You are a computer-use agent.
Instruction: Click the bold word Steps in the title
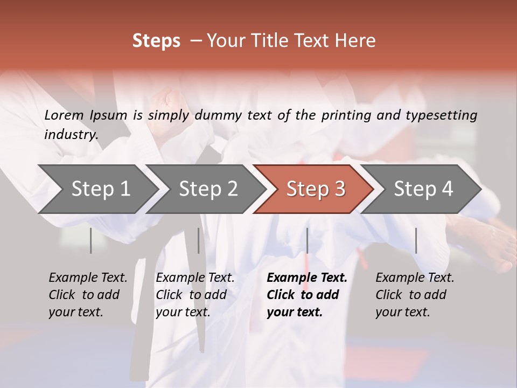point(156,41)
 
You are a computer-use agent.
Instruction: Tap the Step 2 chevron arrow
point(208,189)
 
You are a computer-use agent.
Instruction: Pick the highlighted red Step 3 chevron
point(316,189)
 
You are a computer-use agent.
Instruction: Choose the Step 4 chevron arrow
point(423,189)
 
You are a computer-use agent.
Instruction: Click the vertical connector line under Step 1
point(90,240)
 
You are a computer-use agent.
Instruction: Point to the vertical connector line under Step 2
point(199,240)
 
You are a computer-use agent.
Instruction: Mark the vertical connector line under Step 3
point(307,240)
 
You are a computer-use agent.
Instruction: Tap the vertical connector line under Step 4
point(416,240)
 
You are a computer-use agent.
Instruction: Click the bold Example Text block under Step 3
point(306,295)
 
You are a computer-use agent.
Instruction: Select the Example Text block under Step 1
point(88,295)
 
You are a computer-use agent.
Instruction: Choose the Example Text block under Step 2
point(195,295)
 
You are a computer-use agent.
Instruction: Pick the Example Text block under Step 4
point(415,295)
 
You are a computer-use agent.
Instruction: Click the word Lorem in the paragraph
point(64,115)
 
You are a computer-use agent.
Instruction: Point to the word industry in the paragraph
point(71,134)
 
